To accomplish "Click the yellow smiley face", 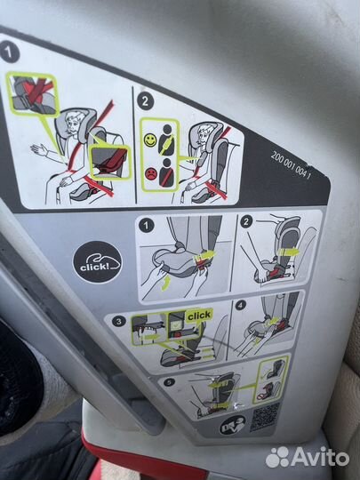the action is (150, 140).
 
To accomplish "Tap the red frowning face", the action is (151, 173).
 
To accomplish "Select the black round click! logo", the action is (97, 262).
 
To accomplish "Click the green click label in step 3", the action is (199, 316).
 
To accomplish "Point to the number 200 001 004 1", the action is (291, 166).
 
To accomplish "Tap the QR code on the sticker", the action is (265, 417).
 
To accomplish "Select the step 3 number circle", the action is (118, 322).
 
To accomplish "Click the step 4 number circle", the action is (241, 305).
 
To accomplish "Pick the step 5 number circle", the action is (169, 382).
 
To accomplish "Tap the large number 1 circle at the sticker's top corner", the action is (10, 52).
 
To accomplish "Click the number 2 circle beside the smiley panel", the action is (146, 101).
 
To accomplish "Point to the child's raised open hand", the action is (39, 150).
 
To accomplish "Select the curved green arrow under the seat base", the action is (165, 284).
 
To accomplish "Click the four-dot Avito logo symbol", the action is (277, 458).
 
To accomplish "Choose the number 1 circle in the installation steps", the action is (146, 226).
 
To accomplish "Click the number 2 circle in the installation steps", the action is (246, 221).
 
